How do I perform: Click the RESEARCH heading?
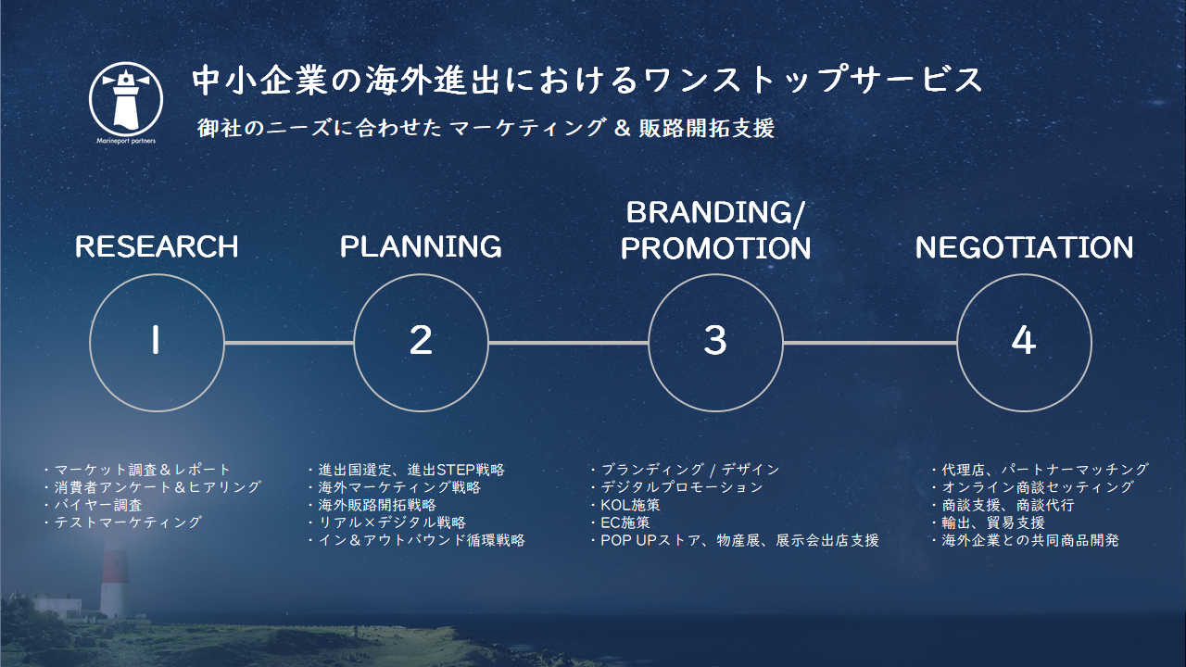[157, 246]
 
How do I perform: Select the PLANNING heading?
[421, 246]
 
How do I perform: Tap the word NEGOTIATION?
[1025, 247]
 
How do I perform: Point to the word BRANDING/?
[715, 213]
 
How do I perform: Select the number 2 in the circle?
[421, 340]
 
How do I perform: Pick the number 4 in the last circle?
[1024, 340]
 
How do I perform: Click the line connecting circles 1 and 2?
[289, 343]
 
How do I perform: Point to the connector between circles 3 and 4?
[870, 343]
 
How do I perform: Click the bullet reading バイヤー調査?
[94, 505]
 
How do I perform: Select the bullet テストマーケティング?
[123, 522]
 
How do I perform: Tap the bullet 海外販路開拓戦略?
[372, 505]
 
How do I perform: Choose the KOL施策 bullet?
[625, 505]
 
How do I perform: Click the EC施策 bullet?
[620, 522]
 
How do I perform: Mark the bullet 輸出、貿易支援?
[988, 522]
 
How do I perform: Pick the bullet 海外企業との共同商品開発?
[1025, 540]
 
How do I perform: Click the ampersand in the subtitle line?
[622, 129]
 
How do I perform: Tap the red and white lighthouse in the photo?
[114, 583]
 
